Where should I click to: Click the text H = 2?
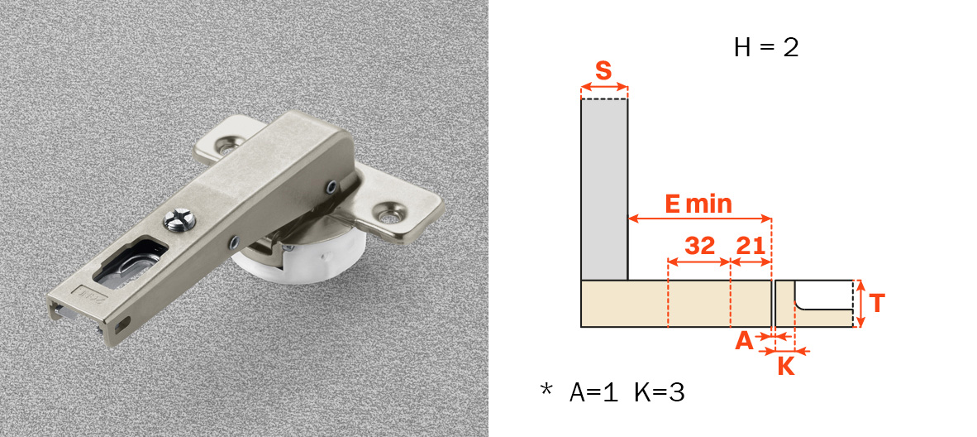765,48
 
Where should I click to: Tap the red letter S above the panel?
603,70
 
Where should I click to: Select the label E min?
698,204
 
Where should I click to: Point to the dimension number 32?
700,246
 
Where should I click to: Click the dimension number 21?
750,246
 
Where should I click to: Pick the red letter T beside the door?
877,304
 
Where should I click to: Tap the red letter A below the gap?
745,341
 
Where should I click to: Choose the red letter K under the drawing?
786,366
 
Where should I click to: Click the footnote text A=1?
593,392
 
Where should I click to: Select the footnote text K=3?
660,392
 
